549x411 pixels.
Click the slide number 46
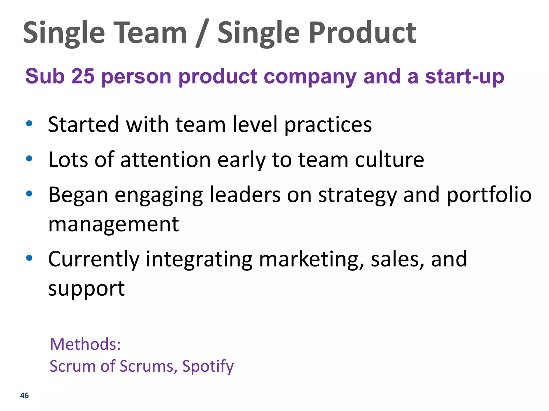click(24, 395)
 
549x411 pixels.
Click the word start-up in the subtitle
click(465, 77)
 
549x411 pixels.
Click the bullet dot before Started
click(29, 124)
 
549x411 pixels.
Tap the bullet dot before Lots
click(29, 158)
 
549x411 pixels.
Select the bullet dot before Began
click(29, 193)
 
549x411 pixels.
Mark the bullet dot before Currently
click(29, 258)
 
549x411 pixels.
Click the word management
click(113, 224)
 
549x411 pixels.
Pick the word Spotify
click(208, 367)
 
